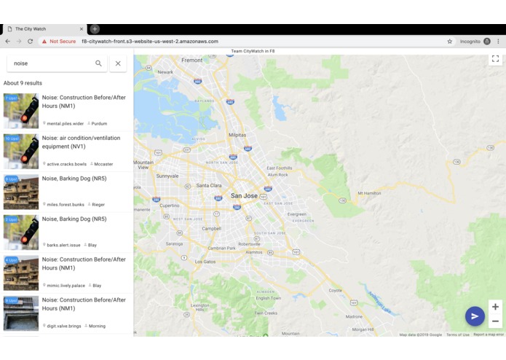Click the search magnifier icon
coord(99,63)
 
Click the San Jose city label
coord(244,196)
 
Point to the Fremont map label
coord(192,60)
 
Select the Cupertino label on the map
coord(170,206)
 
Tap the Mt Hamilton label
coord(369,193)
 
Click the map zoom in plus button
coord(495,307)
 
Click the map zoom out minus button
coord(495,321)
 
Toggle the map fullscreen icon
coord(495,59)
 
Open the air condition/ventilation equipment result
coord(81,142)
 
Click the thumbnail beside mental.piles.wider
coord(21,111)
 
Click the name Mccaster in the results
coord(103,164)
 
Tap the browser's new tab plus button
coord(95,29)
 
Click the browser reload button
coord(30,42)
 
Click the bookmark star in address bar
coord(450,42)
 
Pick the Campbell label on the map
coord(212,228)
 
